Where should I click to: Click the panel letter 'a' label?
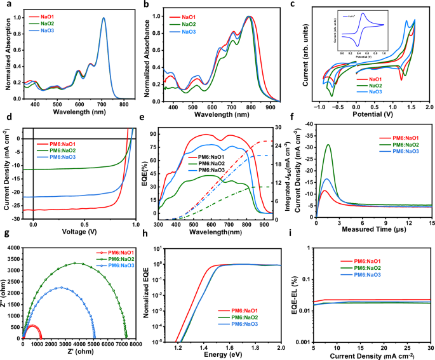click(5, 4)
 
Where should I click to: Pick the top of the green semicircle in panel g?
click(76, 263)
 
